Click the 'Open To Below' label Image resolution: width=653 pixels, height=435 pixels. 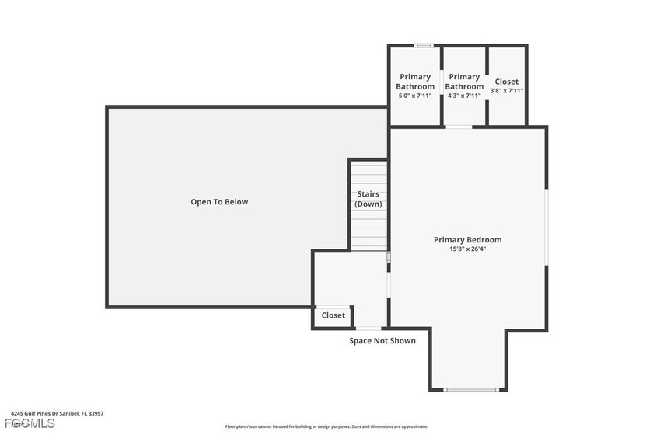click(x=219, y=202)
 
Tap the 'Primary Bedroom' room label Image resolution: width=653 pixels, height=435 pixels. click(x=467, y=240)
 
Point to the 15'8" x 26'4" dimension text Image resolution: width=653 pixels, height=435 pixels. click(x=467, y=249)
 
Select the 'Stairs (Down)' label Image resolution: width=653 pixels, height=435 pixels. click(x=368, y=199)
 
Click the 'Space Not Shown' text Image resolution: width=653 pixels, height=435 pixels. click(x=382, y=341)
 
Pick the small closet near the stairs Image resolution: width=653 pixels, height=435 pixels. click(x=333, y=315)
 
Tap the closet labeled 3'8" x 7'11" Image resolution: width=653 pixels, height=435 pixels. click(x=506, y=85)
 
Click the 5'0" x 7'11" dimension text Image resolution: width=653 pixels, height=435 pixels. click(x=414, y=96)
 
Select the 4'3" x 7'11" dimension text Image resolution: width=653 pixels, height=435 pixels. click(x=464, y=96)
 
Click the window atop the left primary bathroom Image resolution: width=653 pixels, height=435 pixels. click(x=423, y=45)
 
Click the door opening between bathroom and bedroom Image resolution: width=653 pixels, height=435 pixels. click(x=459, y=127)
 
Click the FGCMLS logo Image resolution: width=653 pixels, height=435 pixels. click(x=30, y=423)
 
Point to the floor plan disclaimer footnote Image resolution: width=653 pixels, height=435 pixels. click(x=326, y=426)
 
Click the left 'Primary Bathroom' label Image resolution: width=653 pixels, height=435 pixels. click(x=415, y=82)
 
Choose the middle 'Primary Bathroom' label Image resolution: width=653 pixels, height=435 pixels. click(x=464, y=82)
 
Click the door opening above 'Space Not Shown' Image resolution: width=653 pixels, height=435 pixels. click(x=368, y=329)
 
